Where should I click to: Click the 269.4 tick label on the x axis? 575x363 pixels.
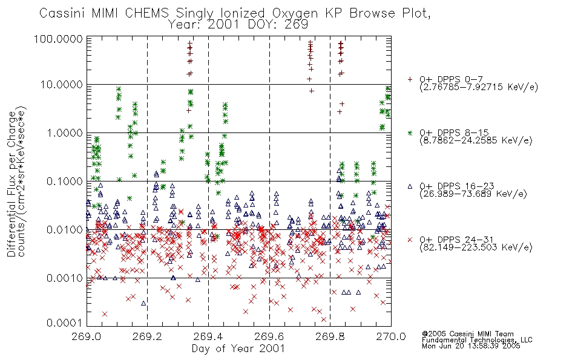209,336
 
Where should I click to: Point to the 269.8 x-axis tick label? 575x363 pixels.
330,336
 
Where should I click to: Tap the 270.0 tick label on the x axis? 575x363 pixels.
391,336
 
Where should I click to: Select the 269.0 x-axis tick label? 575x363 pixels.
87,336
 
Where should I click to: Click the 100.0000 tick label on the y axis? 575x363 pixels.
58,39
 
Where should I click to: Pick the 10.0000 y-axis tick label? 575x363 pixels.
62,85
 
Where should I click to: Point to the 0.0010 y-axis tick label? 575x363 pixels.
65,278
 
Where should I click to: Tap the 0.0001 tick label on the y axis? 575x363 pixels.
65,323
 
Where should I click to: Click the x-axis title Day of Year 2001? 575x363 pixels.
238,348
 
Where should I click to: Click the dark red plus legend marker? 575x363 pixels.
410,79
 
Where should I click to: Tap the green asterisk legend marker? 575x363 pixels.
410,132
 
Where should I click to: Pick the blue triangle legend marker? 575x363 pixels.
410,186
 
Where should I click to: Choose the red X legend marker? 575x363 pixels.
410,240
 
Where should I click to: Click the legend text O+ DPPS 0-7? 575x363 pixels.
452,79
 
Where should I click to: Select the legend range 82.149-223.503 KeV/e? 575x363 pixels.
476,247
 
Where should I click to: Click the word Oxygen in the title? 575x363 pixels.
295,13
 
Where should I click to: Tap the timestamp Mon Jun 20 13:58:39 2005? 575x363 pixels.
471,346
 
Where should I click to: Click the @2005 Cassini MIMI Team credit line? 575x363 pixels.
468,334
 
